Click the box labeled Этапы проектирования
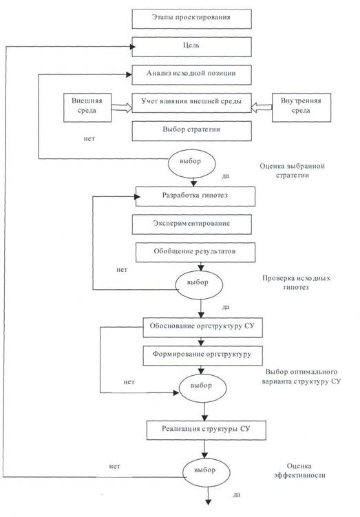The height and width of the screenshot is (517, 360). coord(191,19)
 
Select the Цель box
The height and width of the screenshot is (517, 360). coord(191,47)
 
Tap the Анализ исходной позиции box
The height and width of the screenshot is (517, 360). coord(191,75)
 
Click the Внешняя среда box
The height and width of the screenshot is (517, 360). coord(87,108)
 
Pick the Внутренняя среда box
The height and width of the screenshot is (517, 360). coord(301,108)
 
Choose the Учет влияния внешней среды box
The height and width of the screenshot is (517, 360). coord(191,103)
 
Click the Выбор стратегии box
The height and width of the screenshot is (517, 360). coord(191,131)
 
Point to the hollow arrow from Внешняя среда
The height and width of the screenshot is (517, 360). coord(122,108)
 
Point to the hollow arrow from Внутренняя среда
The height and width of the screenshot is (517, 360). coord(262,108)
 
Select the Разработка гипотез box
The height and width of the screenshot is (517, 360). coord(195,196)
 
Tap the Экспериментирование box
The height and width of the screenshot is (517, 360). coord(191,224)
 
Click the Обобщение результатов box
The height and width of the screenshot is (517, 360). coord(195,253)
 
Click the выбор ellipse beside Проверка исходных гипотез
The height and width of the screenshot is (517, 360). coord(199,285)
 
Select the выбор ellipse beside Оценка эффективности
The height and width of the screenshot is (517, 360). coord(206,472)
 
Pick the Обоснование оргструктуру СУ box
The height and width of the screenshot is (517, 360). coord(202,328)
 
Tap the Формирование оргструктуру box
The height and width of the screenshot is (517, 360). coord(202,355)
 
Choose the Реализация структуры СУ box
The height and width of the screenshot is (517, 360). coord(206,430)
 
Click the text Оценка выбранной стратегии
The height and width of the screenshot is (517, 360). coord(292,171)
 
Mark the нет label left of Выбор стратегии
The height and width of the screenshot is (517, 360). coord(89,139)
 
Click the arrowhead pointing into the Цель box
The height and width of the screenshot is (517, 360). coord(133,47)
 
